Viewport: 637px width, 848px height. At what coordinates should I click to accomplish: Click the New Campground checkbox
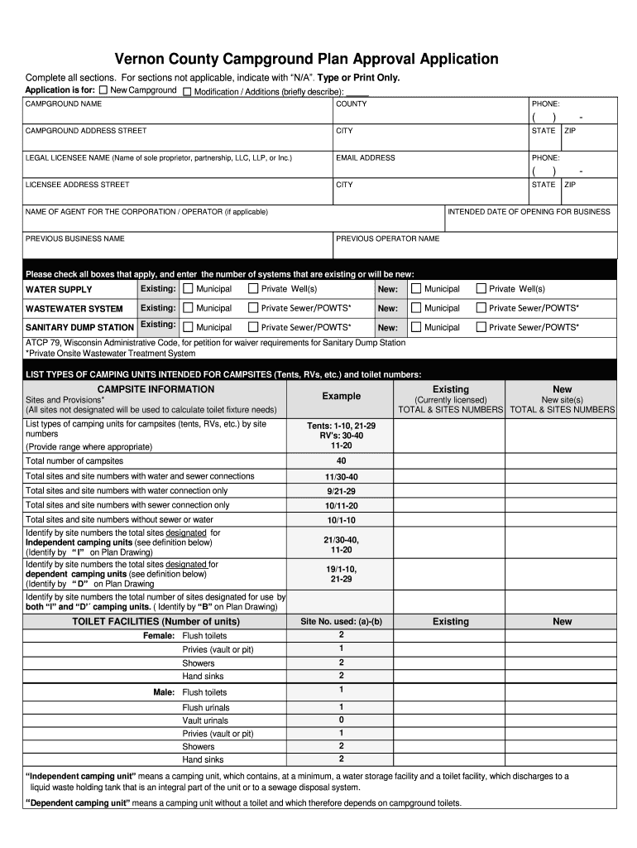[x=103, y=89]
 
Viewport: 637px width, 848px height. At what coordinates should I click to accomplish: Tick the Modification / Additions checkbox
[x=186, y=91]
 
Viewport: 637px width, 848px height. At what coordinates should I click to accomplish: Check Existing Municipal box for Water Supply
[x=189, y=289]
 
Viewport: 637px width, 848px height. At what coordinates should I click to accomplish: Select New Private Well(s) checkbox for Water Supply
[x=481, y=289]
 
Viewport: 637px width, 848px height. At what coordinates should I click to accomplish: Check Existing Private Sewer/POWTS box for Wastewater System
[x=251, y=308]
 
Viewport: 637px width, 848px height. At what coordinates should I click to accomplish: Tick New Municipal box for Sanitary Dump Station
[x=416, y=327]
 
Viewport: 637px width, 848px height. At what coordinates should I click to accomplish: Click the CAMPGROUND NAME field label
[x=64, y=104]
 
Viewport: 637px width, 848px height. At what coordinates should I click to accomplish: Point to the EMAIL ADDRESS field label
[x=365, y=157]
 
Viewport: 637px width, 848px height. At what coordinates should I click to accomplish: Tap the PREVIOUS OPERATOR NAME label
[x=388, y=238]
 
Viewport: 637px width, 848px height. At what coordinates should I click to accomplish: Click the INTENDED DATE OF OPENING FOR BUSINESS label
[x=529, y=211]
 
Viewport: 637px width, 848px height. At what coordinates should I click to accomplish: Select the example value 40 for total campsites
[x=341, y=460]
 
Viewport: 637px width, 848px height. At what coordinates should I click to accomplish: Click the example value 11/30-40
[x=341, y=477]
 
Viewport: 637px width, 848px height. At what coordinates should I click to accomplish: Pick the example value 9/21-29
[x=341, y=491]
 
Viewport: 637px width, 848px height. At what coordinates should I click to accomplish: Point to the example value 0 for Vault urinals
[x=341, y=720]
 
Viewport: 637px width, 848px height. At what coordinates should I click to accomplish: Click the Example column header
[x=341, y=396]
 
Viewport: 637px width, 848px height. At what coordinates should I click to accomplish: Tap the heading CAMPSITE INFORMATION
[x=156, y=389]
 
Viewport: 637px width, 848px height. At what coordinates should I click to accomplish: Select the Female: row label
[x=159, y=635]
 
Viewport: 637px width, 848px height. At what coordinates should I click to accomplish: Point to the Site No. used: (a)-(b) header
[x=341, y=621]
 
